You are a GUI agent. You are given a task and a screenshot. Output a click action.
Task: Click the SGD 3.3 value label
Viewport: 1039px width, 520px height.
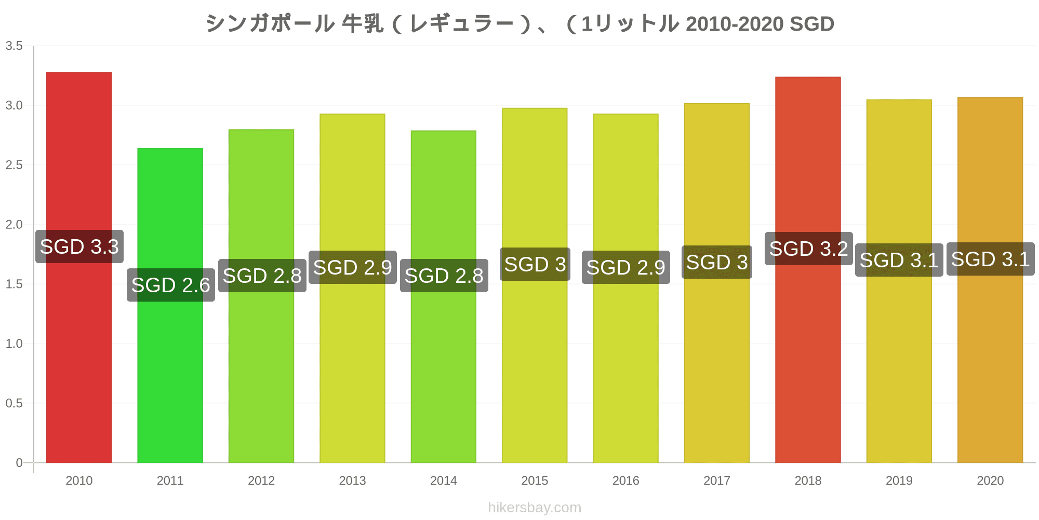(79, 246)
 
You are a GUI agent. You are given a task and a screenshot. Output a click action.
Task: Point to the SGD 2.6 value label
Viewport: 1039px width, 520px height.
(171, 285)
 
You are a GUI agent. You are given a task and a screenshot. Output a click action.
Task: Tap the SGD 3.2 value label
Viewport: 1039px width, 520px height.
(808, 249)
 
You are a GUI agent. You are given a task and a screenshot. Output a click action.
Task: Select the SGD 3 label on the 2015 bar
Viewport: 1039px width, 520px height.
(535, 264)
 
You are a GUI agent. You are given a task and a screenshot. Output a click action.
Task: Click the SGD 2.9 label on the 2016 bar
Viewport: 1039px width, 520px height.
(625, 267)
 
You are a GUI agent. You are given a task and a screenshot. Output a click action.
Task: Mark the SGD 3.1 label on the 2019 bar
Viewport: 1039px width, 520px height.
(899, 260)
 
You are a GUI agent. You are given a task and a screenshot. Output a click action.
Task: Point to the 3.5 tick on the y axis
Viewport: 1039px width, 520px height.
(14, 46)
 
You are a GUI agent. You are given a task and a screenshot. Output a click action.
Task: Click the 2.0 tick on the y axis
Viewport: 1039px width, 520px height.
(14, 225)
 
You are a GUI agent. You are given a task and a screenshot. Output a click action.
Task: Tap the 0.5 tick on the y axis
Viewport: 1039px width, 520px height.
(14, 403)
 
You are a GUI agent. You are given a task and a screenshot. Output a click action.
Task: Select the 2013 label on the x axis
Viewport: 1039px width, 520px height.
(352, 480)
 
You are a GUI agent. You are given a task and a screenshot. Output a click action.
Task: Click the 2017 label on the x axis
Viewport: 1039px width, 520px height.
(717, 480)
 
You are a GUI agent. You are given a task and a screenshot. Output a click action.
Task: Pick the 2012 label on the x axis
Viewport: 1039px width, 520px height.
(261, 480)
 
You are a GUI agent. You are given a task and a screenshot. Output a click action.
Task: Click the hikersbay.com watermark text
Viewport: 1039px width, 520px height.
(535, 508)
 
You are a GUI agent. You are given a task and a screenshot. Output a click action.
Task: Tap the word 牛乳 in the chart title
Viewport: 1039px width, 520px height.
(363, 24)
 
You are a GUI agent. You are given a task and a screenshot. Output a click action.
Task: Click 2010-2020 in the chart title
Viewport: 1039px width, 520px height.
(735, 24)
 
